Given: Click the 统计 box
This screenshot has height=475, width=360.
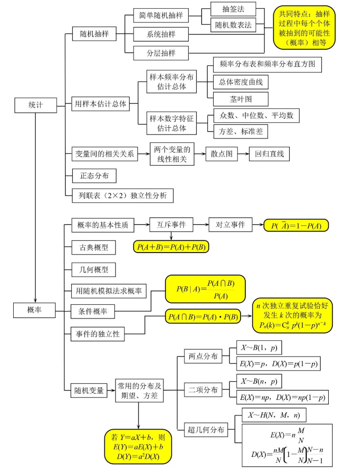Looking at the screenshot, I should pos(36,104).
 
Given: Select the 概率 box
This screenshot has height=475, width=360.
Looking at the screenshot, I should pos(36,309).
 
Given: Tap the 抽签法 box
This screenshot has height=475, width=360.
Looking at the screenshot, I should pos(233,8).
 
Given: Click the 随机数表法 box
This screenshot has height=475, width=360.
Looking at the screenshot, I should pos(233,25).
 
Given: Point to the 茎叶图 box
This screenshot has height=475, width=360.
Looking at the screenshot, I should pos(240,99).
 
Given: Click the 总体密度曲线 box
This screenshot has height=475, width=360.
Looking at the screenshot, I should pos(240,82).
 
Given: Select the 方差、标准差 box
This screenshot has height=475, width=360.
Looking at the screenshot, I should pos(240,131).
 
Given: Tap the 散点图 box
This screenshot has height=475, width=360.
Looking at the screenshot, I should pos(221,154).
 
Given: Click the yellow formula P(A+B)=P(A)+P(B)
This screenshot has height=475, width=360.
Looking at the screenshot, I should pos(171,247).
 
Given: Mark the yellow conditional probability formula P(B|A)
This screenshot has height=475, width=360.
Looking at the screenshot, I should pos(205,289).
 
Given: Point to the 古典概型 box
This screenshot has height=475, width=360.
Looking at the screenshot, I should pos(90,247).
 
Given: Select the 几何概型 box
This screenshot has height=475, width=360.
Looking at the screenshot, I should pos(90,269).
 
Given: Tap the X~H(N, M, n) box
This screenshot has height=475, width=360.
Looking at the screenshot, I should pos(274,415).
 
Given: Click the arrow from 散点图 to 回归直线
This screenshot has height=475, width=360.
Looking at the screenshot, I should pos(243,154).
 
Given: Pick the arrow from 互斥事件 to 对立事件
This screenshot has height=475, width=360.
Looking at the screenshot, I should pos(201,225).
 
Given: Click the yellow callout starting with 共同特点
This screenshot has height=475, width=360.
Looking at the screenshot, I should pos(304,30).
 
